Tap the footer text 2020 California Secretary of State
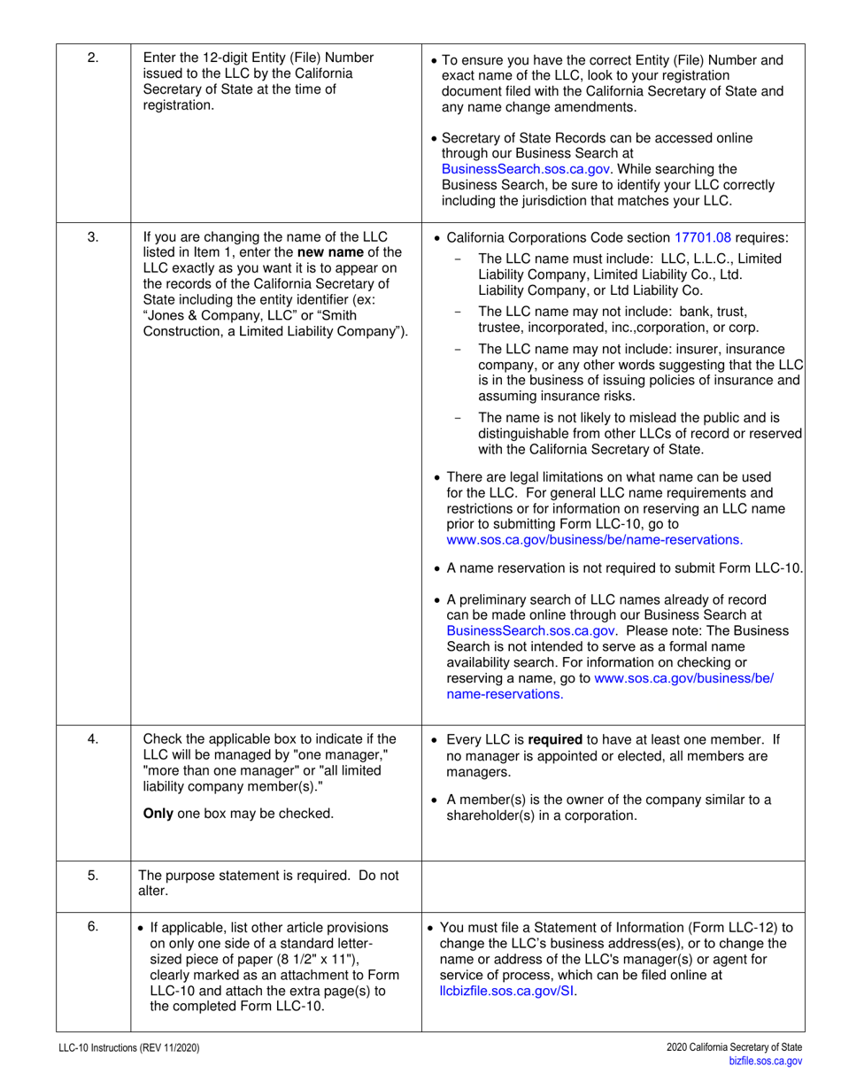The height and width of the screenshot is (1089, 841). tap(735, 1047)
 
